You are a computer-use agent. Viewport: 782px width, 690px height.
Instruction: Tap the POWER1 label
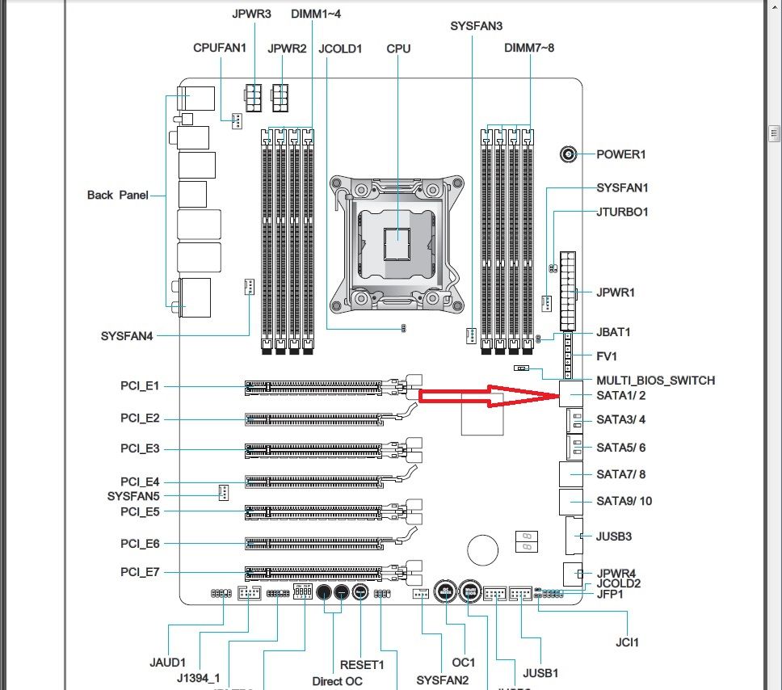pyautogui.click(x=621, y=154)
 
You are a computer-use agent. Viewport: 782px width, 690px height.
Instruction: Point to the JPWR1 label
pyautogui.click(x=616, y=292)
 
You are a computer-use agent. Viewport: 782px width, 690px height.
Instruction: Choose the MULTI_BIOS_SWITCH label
pyautogui.click(x=655, y=380)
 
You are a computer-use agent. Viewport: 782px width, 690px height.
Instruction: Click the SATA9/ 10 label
pyautogui.click(x=624, y=501)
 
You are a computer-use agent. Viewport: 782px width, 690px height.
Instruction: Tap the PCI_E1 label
pyautogui.click(x=140, y=386)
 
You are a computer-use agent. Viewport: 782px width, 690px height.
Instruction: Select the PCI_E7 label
pyautogui.click(x=140, y=572)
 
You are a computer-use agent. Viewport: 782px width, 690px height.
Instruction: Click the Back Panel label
pyautogui.click(x=117, y=195)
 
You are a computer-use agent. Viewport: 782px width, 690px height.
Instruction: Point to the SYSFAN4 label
pyautogui.click(x=127, y=335)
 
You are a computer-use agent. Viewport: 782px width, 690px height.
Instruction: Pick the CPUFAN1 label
pyautogui.click(x=220, y=48)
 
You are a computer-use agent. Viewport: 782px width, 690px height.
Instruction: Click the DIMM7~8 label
pyautogui.click(x=529, y=48)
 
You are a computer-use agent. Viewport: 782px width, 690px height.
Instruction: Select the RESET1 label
pyautogui.click(x=361, y=665)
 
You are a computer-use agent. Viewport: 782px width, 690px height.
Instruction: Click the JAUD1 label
pyautogui.click(x=167, y=663)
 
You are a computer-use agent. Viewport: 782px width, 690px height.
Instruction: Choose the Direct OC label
pyautogui.click(x=337, y=681)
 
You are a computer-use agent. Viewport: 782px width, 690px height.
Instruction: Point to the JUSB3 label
pyautogui.click(x=614, y=536)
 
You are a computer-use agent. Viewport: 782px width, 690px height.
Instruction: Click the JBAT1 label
pyautogui.click(x=613, y=332)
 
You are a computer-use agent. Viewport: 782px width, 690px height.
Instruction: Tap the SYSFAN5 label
pyautogui.click(x=133, y=495)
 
